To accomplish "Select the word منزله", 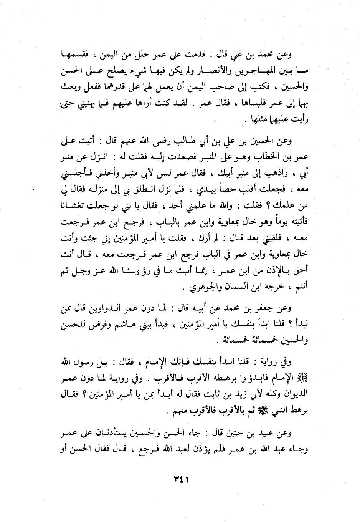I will (92, 189).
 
